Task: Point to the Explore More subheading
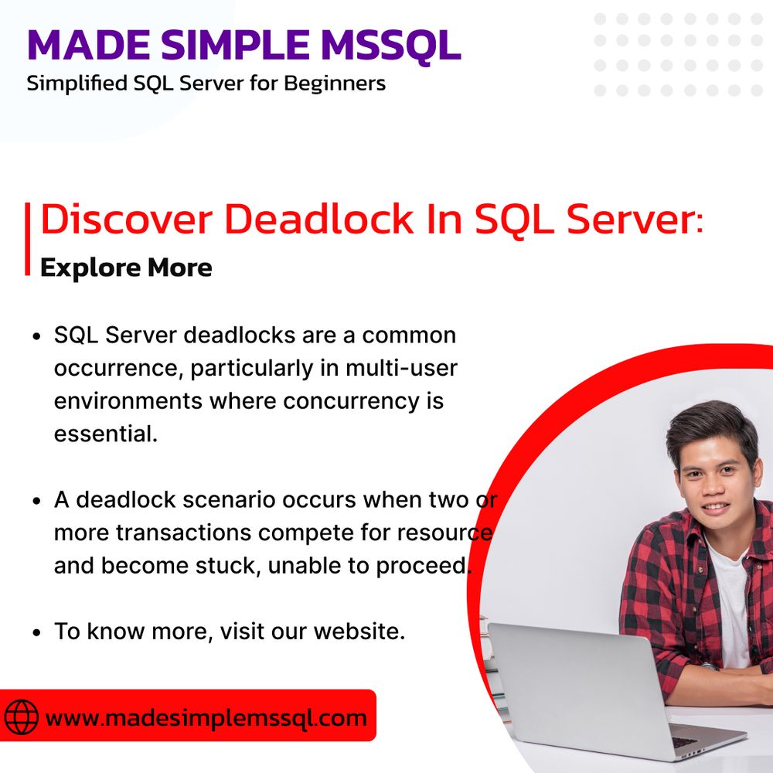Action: (126, 267)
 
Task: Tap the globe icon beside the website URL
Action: (21, 717)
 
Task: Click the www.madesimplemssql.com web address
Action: (206, 717)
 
